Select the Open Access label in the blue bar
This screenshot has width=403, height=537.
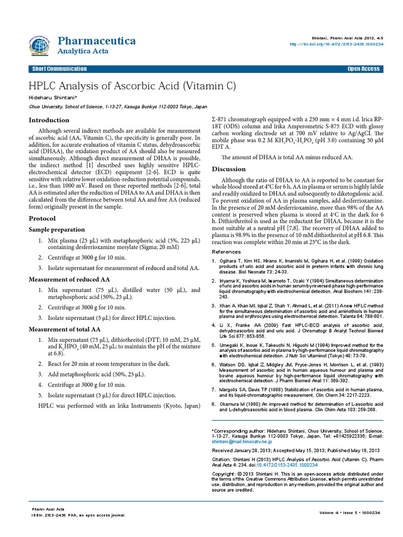[363, 69]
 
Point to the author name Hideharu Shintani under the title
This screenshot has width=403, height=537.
[52, 98]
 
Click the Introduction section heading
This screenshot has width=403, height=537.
[49, 120]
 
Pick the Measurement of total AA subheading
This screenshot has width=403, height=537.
[64, 329]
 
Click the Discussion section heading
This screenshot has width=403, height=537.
[228, 169]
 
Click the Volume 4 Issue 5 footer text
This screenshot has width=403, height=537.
[349, 512]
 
